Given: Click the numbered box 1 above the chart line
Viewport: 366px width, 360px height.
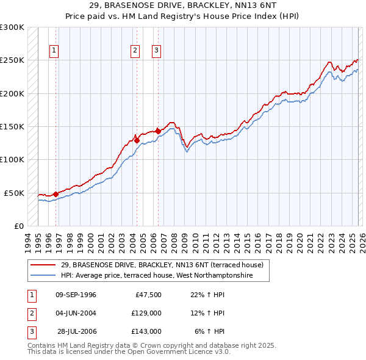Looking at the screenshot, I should click(x=54, y=51).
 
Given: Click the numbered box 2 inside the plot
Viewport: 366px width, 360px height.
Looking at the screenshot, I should click(x=135, y=51).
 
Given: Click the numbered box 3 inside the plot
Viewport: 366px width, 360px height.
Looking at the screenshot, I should click(x=156, y=51).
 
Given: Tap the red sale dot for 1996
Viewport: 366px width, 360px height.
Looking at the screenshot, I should click(x=56, y=194).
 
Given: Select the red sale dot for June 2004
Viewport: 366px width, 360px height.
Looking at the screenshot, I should click(x=137, y=140).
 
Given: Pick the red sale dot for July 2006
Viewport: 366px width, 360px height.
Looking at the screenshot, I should click(x=159, y=131).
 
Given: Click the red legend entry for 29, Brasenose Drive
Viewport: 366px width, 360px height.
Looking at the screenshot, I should click(x=162, y=265).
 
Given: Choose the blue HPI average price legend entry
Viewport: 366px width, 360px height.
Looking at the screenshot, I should click(x=165, y=276).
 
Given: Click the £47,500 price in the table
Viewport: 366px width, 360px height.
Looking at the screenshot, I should click(x=146, y=295).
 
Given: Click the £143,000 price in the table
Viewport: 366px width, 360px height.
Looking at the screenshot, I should click(x=146, y=331).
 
